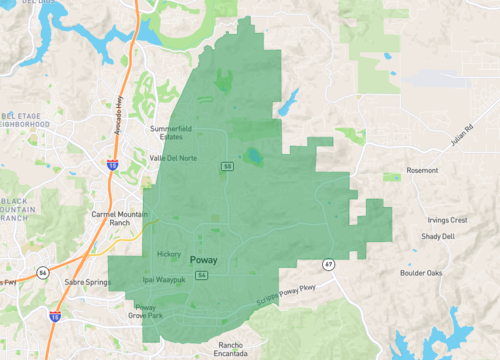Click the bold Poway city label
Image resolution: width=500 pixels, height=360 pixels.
click(203, 260)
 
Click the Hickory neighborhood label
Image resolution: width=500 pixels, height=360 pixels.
click(169, 254)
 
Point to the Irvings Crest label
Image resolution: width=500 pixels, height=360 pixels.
click(446, 219)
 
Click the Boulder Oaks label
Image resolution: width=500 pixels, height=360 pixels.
click(421, 272)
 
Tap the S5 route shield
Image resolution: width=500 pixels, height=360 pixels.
click(227, 166)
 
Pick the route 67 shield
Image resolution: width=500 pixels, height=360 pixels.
click(328, 264)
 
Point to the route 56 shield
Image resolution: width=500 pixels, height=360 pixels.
click(42, 271)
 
